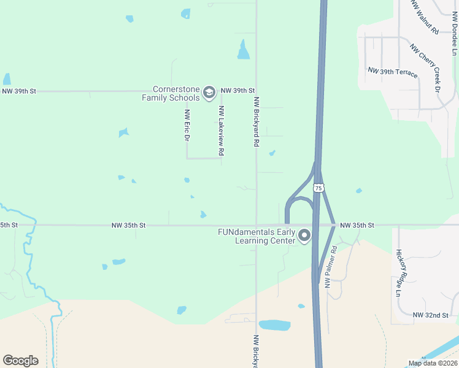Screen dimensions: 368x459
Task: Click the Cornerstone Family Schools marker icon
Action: click(x=209, y=92)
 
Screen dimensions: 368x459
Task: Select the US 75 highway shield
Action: click(x=318, y=188)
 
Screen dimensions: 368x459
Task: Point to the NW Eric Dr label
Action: click(x=187, y=126)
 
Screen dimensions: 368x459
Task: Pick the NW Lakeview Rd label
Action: click(x=221, y=130)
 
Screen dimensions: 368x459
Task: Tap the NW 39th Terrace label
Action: click(x=393, y=72)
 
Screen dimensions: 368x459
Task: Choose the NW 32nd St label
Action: click(x=431, y=315)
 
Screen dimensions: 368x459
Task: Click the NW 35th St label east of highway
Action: click(x=357, y=225)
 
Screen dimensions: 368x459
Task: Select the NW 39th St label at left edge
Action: click(x=19, y=91)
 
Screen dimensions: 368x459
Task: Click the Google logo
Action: click(x=20, y=361)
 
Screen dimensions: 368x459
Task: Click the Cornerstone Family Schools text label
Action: click(x=171, y=93)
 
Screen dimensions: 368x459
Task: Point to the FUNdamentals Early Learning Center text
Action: click(x=256, y=236)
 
